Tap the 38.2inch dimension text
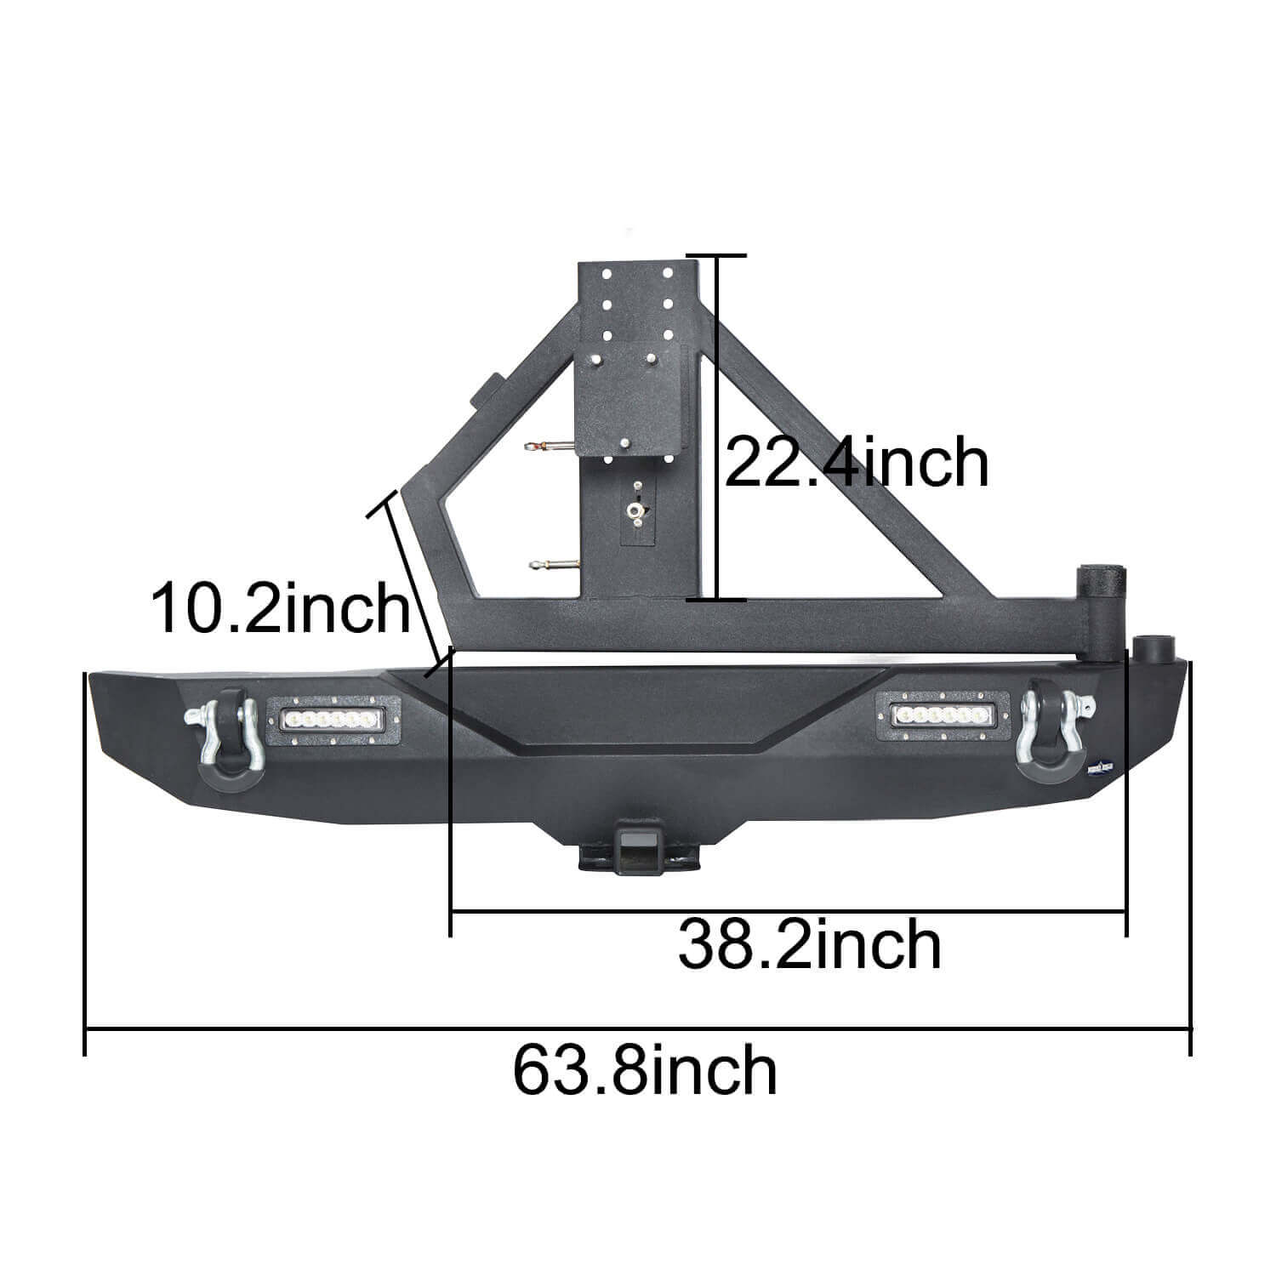click(809, 944)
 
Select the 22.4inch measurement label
click(856, 463)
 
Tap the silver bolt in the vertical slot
click(635, 510)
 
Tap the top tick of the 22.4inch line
click(717, 255)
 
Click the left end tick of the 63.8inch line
click(86, 1031)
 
